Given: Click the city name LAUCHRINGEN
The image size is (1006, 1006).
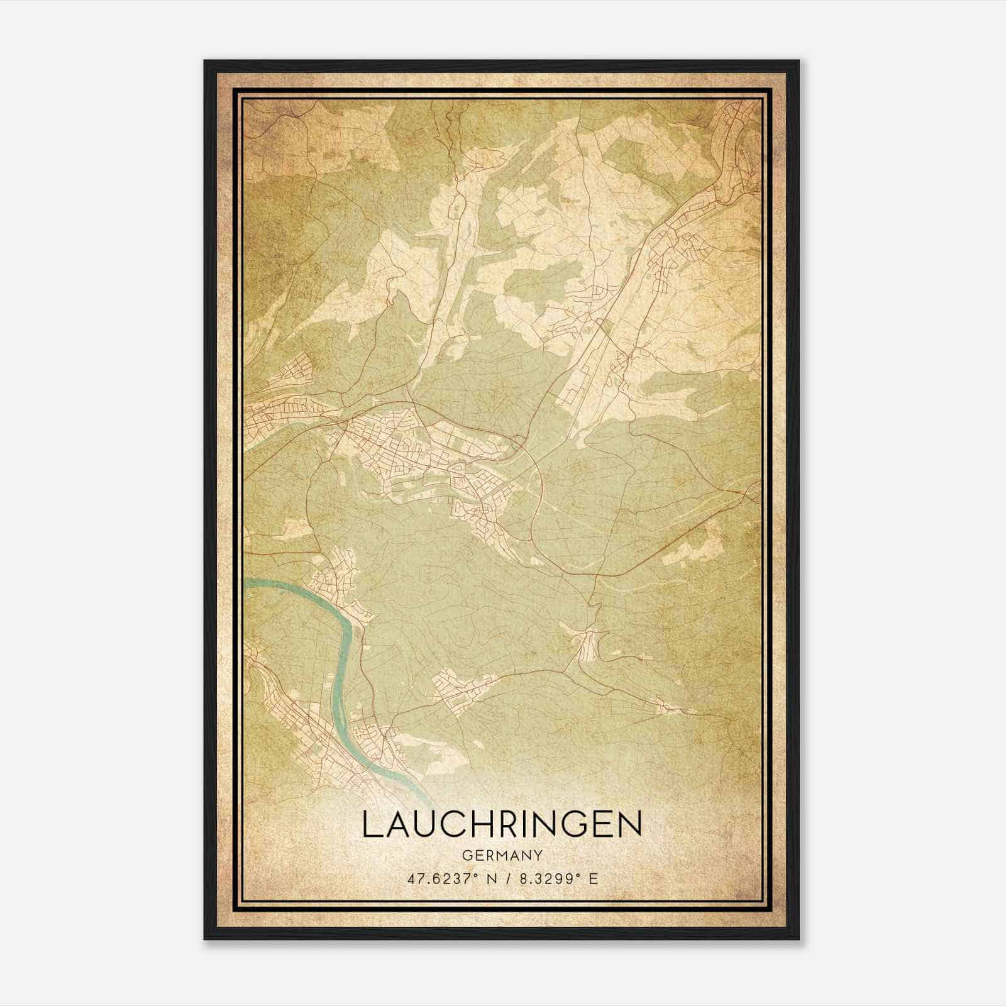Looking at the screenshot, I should (502, 824).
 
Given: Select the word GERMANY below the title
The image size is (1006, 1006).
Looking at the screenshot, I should (502, 856).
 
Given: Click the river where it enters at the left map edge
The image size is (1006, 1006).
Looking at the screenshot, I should (247, 583).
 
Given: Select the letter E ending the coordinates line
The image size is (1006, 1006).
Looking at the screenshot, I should (594, 878).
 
